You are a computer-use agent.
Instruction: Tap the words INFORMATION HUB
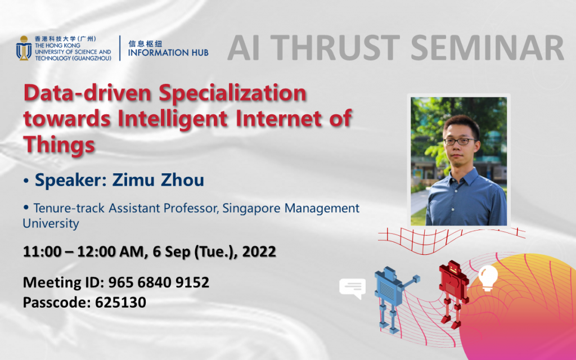[x=168, y=52]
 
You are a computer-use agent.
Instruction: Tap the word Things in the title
[x=58, y=145]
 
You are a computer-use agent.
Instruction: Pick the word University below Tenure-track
[x=51, y=223]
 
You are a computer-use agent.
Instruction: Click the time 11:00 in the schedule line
[x=40, y=251]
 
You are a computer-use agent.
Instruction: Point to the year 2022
[x=259, y=251]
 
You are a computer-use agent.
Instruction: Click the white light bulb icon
[x=487, y=278]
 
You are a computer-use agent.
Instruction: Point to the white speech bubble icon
[x=352, y=289]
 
